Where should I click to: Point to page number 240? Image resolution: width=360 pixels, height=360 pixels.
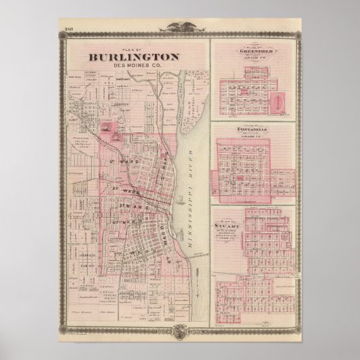point(69,29)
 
